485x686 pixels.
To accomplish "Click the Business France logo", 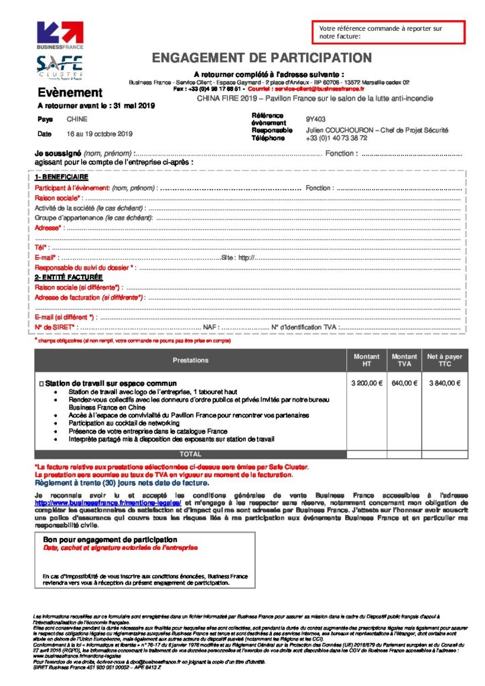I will [x=60, y=36].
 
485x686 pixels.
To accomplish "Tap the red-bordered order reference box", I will [x=388, y=32].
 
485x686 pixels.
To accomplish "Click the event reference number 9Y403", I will [x=316, y=119].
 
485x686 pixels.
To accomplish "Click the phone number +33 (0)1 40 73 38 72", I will [x=336, y=138].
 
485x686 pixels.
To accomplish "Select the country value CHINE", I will [x=76, y=119].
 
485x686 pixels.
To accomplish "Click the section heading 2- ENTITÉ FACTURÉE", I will [x=69, y=277].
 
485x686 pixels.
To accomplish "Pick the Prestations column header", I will [x=190, y=360].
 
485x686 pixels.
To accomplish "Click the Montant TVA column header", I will [x=404, y=360].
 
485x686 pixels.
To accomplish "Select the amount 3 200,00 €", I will [x=366, y=383].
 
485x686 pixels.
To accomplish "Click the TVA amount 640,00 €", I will [x=404, y=383].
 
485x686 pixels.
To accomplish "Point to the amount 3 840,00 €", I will [x=444, y=383].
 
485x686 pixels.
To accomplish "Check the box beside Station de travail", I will [x=42, y=383].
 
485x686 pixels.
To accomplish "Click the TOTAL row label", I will [x=190, y=454].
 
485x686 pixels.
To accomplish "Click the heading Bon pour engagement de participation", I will [x=110, y=539].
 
